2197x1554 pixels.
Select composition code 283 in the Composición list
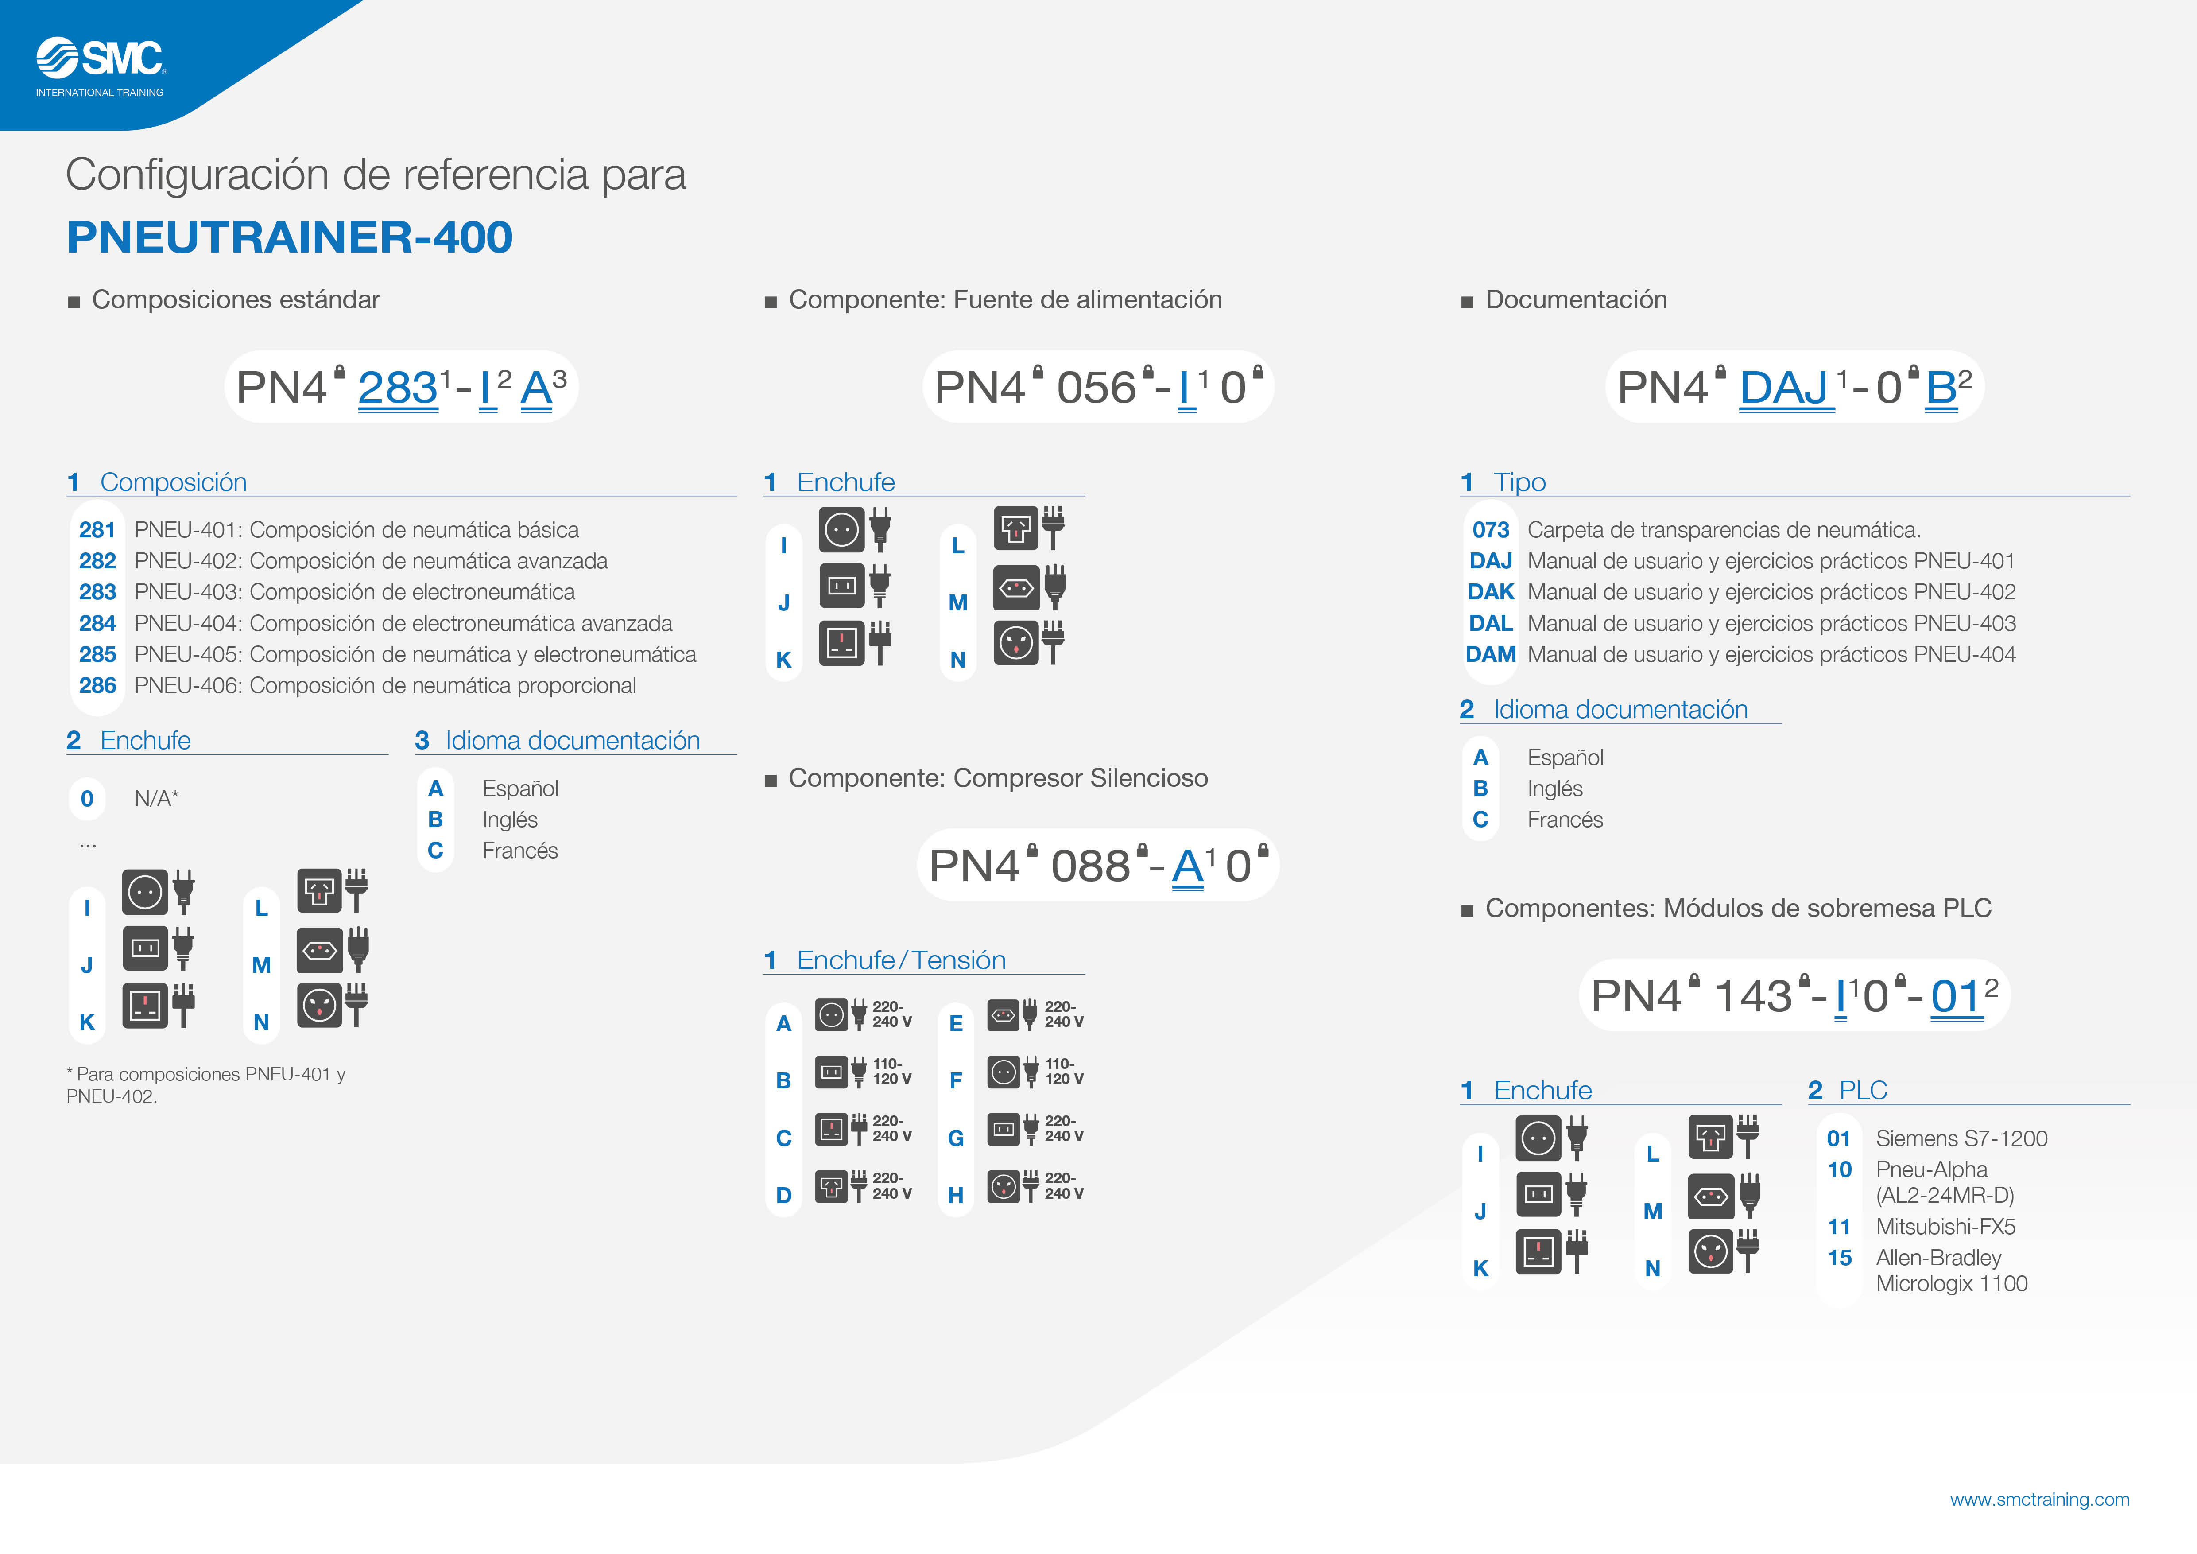click(x=97, y=592)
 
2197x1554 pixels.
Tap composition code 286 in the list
click(x=97, y=686)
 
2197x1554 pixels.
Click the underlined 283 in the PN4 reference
click(x=398, y=388)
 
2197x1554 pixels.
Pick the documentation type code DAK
click(x=1491, y=592)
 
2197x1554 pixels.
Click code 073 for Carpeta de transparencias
click(x=1491, y=530)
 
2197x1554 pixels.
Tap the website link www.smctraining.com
click(x=2039, y=1500)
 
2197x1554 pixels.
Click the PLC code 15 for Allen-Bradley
click(x=1839, y=1259)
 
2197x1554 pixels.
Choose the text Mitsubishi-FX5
click(x=1945, y=1227)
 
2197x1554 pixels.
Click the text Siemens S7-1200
click(x=1961, y=1139)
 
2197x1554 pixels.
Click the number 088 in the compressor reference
click(x=1091, y=867)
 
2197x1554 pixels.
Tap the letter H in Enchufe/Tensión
click(x=955, y=1195)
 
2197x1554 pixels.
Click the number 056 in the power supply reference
click(x=1097, y=388)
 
